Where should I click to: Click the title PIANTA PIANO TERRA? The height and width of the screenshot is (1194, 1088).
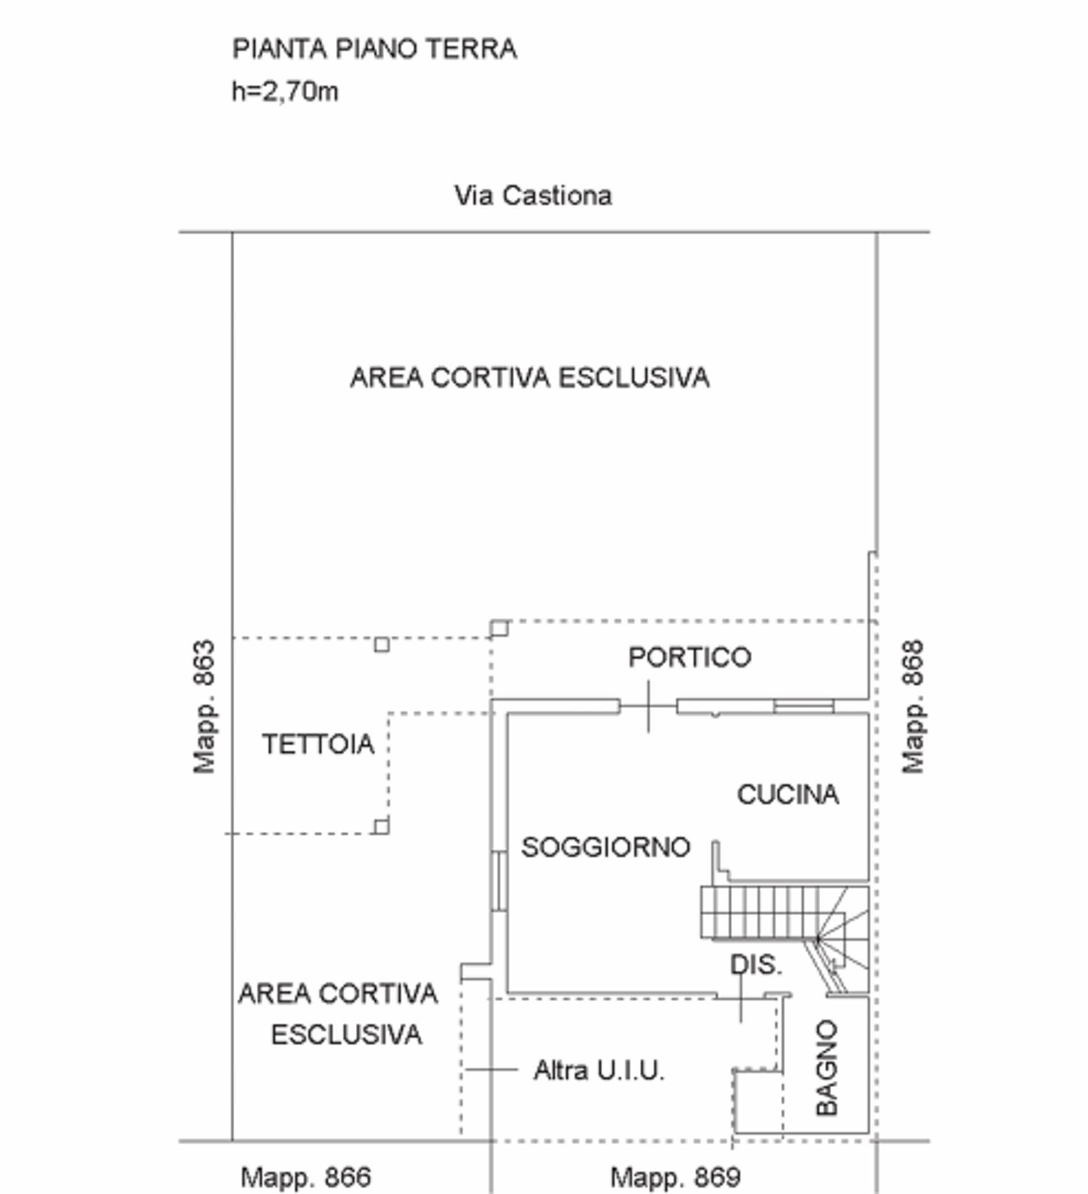point(374,49)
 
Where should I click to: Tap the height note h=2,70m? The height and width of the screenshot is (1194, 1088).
point(285,92)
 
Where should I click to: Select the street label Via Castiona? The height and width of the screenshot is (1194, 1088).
point(533,195)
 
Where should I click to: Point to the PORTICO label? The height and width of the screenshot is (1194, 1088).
point(689,658)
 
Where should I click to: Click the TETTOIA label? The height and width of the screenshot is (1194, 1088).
point(318,744)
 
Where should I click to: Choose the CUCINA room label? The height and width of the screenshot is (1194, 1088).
point(788,795)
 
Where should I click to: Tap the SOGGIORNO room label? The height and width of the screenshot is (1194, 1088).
point(605,848)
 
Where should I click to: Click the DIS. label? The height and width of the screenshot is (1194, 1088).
point(756,965)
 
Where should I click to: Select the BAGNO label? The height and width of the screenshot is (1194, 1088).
point(827,1068)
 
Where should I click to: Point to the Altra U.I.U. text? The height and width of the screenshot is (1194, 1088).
point(599,1070)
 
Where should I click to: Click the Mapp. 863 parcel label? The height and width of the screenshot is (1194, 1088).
point(204,706)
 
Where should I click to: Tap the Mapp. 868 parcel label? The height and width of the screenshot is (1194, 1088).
point(913,706)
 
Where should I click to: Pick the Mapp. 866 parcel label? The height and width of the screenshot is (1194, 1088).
point(305,1177)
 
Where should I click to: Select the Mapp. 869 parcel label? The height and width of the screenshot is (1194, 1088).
point(675,1177)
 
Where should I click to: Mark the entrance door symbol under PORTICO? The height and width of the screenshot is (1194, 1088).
point(648,706)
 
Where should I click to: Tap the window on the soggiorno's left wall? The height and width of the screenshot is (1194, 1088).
point(499,880)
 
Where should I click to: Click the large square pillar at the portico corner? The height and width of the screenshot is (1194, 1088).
point(499,628)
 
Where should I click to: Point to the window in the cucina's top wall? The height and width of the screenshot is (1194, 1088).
point(804,706)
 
